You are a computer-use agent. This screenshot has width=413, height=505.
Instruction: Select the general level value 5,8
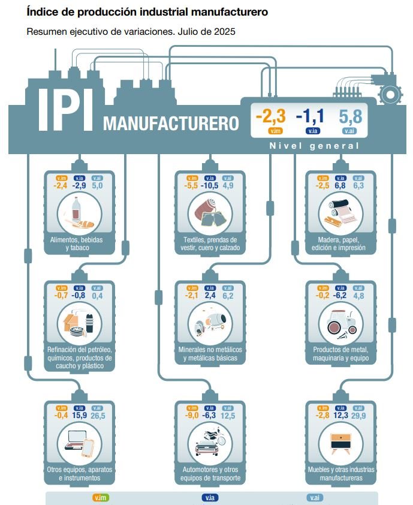350,115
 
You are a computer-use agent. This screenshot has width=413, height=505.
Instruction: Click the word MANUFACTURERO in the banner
171,124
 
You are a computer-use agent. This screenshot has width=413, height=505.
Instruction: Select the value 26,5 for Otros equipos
98,416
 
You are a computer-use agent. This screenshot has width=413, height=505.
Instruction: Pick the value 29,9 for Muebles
359,416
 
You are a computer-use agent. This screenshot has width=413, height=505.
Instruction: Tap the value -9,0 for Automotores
192,416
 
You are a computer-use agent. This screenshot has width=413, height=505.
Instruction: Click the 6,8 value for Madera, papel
340,186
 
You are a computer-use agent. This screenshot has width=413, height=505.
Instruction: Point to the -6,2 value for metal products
340,295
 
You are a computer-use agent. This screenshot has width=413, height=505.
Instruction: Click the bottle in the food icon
76,212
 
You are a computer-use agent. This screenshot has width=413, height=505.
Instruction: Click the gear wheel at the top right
390,94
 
